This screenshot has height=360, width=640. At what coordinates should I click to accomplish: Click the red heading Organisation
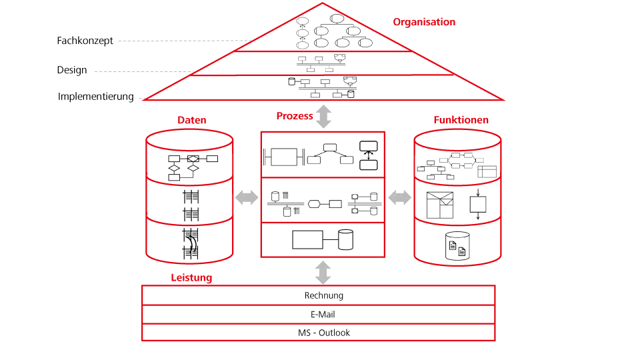point(424,22)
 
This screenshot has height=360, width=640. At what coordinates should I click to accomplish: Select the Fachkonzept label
point(85,41)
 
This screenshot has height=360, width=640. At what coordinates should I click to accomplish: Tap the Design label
point(72,70)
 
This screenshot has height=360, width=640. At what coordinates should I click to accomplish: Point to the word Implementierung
point(96,97)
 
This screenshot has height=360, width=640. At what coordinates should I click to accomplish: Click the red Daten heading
point(191,121)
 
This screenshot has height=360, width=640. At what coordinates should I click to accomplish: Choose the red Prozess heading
point(295,116)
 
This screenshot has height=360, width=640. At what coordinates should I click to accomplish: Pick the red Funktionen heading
point(461,121)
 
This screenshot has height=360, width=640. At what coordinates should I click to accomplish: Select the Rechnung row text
point(324,295)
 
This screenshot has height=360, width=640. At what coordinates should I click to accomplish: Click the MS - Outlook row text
point(324,333)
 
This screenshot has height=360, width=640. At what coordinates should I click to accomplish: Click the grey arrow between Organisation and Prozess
point(323,116)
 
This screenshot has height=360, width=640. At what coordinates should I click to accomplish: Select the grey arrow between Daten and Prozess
point(246,197)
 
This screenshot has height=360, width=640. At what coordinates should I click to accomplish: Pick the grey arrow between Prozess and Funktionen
point(400,197)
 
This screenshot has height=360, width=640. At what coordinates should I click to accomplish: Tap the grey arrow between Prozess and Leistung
point(323,272)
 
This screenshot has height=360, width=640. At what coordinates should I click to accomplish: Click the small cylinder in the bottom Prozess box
point(345,239)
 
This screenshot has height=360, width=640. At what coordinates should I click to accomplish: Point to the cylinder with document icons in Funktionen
point(457,246)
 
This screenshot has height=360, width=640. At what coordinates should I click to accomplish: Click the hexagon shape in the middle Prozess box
point(315,203)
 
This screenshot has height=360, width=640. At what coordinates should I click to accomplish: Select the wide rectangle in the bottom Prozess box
point(307,239)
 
